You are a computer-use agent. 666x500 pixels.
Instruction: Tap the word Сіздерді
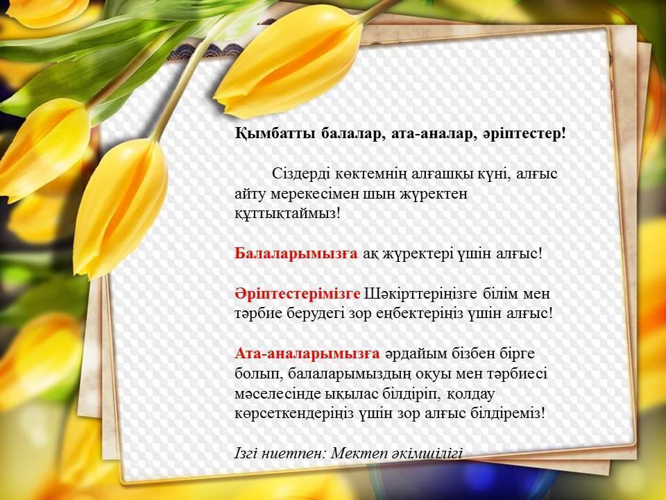(x=300, y=174)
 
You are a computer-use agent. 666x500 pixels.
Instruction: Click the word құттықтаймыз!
(x=288, y=213)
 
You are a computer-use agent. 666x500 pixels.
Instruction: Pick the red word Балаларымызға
(x=296, y=253)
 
